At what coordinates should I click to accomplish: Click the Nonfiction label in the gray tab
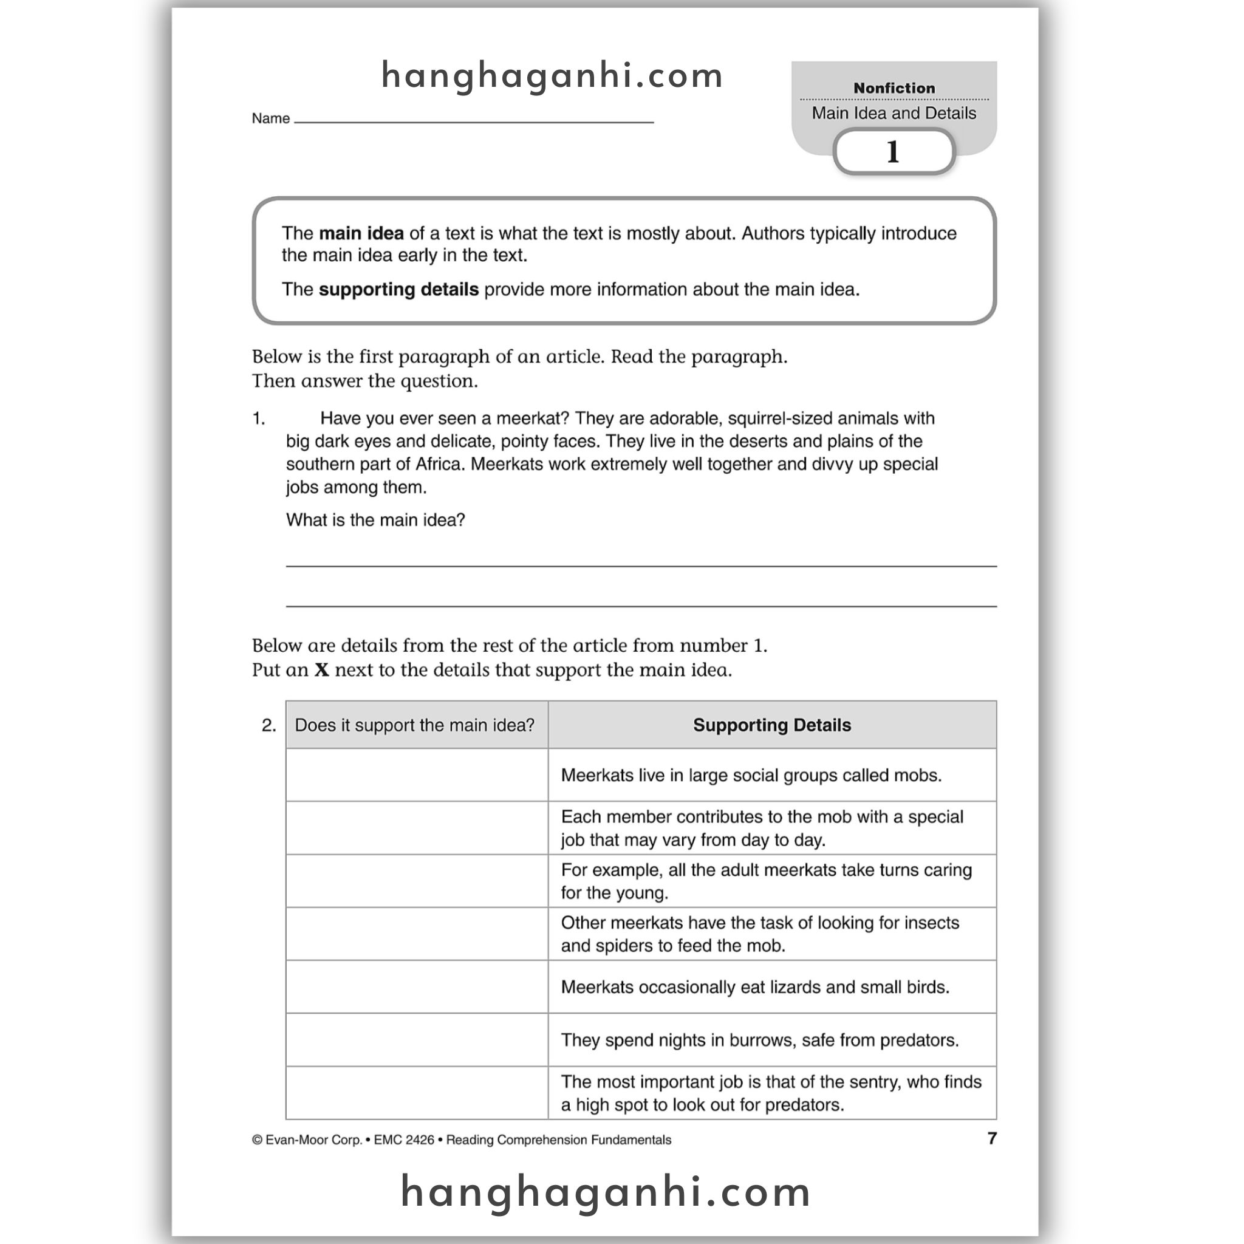[x=894, y=88]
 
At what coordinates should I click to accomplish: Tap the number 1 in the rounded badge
[x=892, y=152]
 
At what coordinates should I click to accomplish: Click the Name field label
[x=270, y=118]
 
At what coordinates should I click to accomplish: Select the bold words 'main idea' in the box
[x=361, y=233]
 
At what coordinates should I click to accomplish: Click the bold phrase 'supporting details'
[x=398, y=289]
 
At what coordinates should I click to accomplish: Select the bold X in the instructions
[x=322, y=671]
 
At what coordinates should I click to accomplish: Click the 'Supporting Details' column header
[x=771, y=725]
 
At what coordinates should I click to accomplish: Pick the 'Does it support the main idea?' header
[x=415, y=725]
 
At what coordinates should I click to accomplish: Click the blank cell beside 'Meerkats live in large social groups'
[x=417, y=774]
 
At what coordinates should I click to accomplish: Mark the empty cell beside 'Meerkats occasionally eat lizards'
[x=417, y=986]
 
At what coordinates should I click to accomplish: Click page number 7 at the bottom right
[x=991, y=1138]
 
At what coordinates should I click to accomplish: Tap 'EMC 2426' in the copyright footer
[x=404, y=1140]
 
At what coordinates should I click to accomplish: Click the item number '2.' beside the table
[x=268, y=726]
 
